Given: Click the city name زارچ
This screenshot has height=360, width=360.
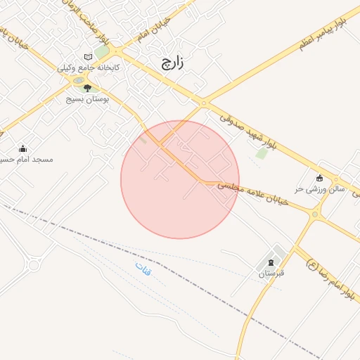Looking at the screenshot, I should [172, 63].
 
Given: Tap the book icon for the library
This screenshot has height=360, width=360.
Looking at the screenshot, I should [87, 57].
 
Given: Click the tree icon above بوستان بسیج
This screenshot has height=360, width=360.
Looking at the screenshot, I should [87, 89].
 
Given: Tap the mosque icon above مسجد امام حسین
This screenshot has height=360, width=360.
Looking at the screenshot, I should [22, 148].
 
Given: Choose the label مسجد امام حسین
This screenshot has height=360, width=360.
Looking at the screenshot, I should [27, 160].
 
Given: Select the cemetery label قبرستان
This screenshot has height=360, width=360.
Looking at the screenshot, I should [269, 273].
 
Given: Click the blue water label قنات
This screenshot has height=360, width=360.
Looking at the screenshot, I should [143, 269].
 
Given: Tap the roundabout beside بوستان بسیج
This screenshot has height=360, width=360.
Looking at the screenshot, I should [77, 81].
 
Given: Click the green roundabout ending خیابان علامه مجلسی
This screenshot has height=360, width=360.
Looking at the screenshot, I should [315, 213].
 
